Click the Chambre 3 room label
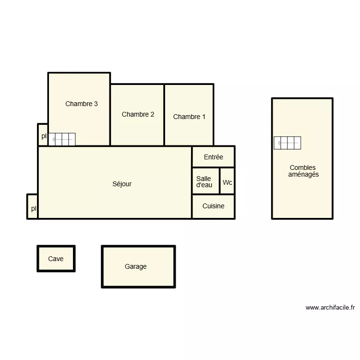(82, 104)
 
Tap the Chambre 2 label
(138, 114)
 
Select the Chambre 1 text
(189, 117)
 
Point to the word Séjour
(122, 184)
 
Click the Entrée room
(213, 157)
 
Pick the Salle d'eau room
(204, 181)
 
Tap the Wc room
(228, 182)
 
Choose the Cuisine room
(213, 206)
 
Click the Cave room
(56, 259)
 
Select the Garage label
(136, 266)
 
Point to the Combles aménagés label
(303, 171)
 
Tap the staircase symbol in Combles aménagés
(288, 143)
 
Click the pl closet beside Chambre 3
(43, 136)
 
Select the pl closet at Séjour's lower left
(33, 208)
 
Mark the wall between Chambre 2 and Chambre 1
(165, 115)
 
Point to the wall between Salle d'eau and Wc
(220, 181)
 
